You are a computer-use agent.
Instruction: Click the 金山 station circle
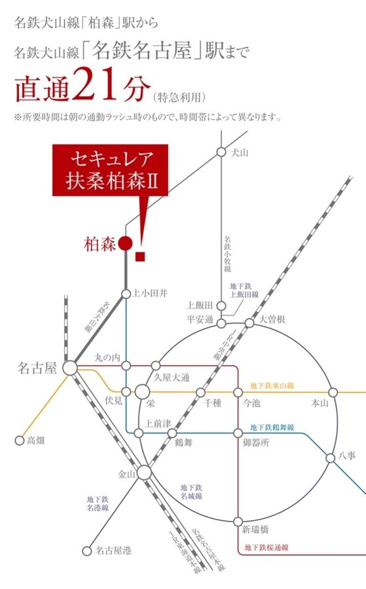[145, 473]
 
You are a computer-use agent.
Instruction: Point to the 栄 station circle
[143, 392]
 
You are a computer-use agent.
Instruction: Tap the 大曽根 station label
[271, 319]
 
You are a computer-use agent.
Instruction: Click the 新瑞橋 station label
[255, 529]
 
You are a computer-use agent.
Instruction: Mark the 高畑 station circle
[19, 440]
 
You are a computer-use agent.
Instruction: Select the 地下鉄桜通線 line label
[266, 547]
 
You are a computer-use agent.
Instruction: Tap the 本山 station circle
[333, 392]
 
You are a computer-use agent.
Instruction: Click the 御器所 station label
[256, 442]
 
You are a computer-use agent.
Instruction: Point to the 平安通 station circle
[222, 323]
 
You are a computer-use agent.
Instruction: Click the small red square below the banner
[139, 257]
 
